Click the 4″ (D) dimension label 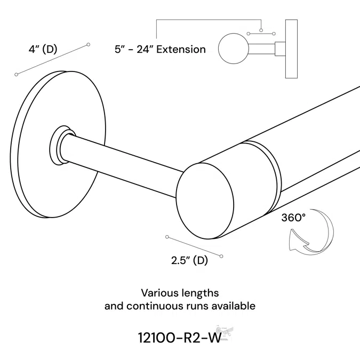click(x=43, y=50)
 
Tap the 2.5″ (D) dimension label click(x=189, y=261)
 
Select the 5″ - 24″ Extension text click(x=159, y=50)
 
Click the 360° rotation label click(x=293, y=218)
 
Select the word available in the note click(x=233, y=306)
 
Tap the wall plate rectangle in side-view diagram click(x=292, y=49)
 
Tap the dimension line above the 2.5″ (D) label click(x=194, y=246)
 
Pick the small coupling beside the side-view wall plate click(x=279, y=49)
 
